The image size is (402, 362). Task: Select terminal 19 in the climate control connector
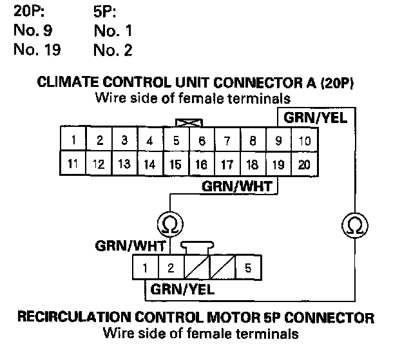tap(278, 164)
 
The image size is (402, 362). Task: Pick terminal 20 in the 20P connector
tap(304, 164)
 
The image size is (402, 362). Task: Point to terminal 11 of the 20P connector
tap(73, 164)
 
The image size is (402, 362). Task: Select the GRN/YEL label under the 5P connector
tap(182, 289)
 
